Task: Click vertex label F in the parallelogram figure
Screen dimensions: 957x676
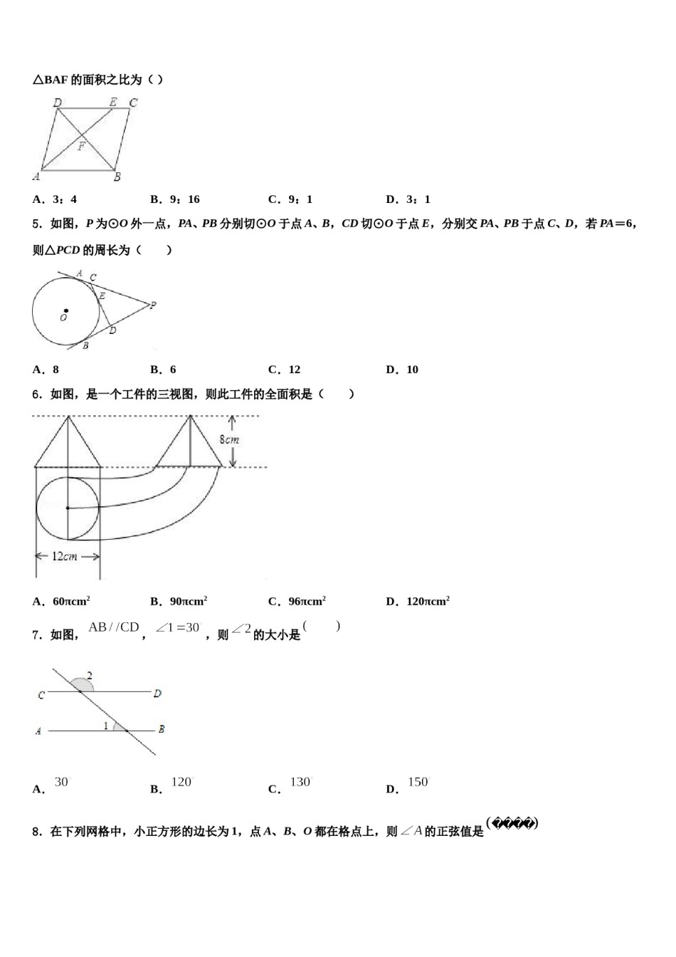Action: (x=81, y=147)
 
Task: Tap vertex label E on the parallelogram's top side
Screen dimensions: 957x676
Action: (x=113, y=103)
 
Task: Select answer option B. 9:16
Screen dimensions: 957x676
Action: (x=175, y=199)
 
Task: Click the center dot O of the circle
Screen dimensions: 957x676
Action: (x=66, y=310)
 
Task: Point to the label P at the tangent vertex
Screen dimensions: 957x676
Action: (x=153, y=305)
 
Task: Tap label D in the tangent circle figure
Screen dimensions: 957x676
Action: (x=112, y=330)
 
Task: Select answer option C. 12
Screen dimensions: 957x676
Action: (x=285, y=370)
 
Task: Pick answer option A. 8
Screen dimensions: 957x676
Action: (x=46, y=370)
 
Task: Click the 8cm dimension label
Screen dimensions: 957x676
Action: (x=229, y=440)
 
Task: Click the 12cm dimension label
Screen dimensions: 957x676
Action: (x=65, y=556)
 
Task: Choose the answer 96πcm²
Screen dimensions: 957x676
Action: (x=297, y=602)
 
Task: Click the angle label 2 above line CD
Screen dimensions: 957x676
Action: (x=90, y=675)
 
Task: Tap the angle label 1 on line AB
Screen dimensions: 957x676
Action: (x=106, y=726)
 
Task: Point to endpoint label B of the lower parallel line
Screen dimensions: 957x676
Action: (x=162, y=729)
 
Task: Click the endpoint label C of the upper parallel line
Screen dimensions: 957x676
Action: (x=41, y=695)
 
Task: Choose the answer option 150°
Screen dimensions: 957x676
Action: (x=418, y=783)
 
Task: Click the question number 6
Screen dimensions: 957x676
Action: (x=37, y=394)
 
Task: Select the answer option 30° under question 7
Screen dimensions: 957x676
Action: (x=61, y=783)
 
